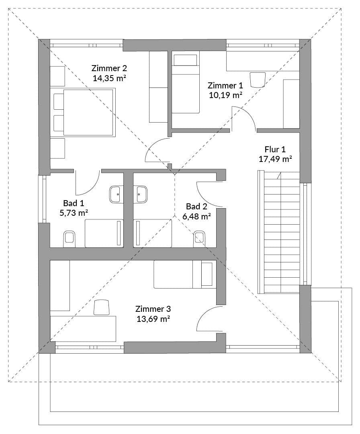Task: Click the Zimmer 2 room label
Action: (109, 68)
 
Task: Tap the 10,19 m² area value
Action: (225, 95)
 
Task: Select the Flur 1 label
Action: (275, 149)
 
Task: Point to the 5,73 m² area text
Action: (74, 213)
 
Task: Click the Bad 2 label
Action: (196, 207)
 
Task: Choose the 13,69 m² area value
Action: (153, 319)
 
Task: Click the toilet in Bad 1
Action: (70, 239)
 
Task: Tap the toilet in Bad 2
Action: (199, 239)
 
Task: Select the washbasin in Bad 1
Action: (116, 194)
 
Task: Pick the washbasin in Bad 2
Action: (141, 194)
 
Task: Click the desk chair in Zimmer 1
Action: (257, 79)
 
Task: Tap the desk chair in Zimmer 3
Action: (102, 307)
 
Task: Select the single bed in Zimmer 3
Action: (184, 274)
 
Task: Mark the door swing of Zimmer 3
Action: (209, 319)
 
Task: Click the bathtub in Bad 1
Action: (104, 233)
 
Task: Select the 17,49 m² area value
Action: (275, 159)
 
